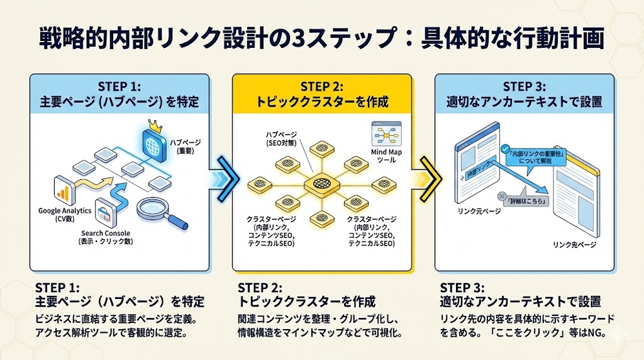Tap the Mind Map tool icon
coord(384,134)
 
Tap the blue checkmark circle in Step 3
coord(504,149)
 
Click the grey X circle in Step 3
coord(502,196)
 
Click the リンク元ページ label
coord(480,211)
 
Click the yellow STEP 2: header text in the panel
coord(322,86)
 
